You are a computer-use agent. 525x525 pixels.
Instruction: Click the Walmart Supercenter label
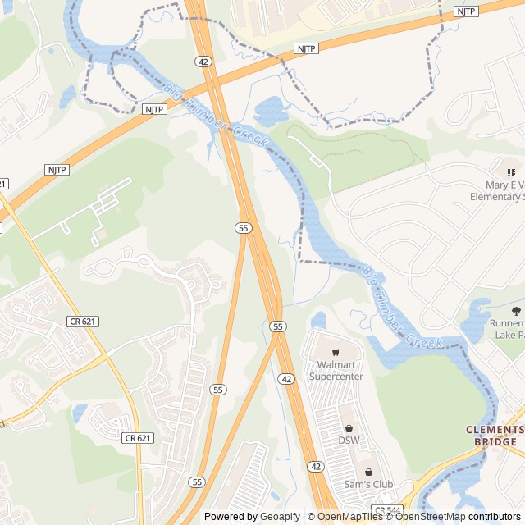coord(336,370)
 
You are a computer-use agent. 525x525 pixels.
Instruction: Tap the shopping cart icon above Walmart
coord(336,352)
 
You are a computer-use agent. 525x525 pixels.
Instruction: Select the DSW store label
coord(349,441)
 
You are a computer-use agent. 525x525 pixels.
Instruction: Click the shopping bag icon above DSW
coord(349,428)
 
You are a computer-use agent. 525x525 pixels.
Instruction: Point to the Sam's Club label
coord(368,484)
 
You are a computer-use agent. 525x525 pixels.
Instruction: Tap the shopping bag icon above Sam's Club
coord(368,472)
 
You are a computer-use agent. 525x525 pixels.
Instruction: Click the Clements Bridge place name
coord(495,436)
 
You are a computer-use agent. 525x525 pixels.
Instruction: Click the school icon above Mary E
coord(510,172)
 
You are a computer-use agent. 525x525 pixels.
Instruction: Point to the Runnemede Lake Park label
coord(507,329)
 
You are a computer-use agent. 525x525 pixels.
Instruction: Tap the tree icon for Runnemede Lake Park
coord(515,311)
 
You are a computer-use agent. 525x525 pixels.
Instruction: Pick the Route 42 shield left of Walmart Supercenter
coord(285,378)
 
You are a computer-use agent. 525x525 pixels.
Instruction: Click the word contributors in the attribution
coord(494,517)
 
